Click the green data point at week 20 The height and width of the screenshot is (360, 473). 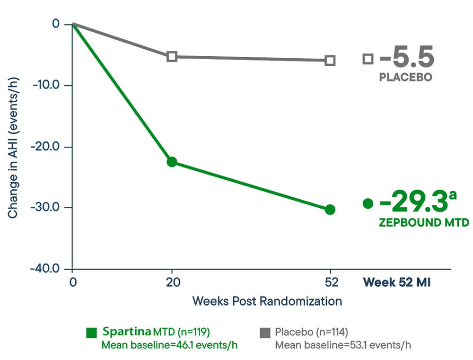click(x=172, y=162)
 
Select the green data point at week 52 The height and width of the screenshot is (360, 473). click(x=330, y=210)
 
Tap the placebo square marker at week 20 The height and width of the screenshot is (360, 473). click(x=172, y=57)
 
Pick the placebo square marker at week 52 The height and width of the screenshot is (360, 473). click(x=330, y=61)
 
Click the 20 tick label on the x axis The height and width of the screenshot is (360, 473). click(x=172, y=283)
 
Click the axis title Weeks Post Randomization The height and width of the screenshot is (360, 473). click(x=267, y=301)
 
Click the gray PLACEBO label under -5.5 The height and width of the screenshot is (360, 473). click(x=405, y=77)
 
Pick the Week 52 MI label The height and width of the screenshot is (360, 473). click(x=396, y=283)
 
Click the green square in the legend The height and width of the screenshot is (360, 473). click(x=92, y=333)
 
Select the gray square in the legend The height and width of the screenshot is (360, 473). click(x=264, y=333)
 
